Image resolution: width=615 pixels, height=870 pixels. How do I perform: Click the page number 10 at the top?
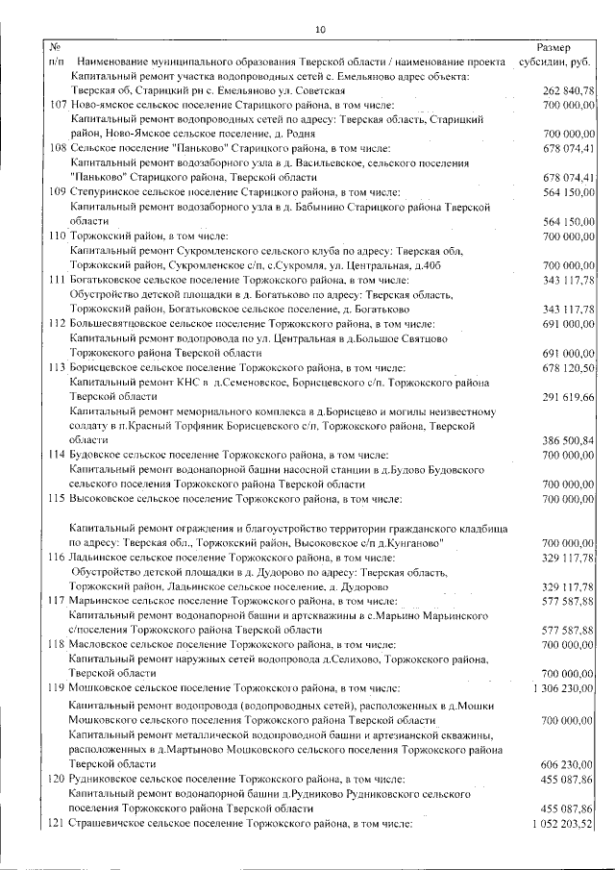320,30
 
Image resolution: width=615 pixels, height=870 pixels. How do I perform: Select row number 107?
57,104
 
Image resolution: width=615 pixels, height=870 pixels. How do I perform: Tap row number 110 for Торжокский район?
57,236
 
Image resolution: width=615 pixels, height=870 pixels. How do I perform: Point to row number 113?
57,368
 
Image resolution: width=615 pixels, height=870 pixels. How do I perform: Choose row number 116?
57,558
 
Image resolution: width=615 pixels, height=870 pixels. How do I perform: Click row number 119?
57,689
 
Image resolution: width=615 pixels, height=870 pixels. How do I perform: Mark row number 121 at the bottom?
57,825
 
